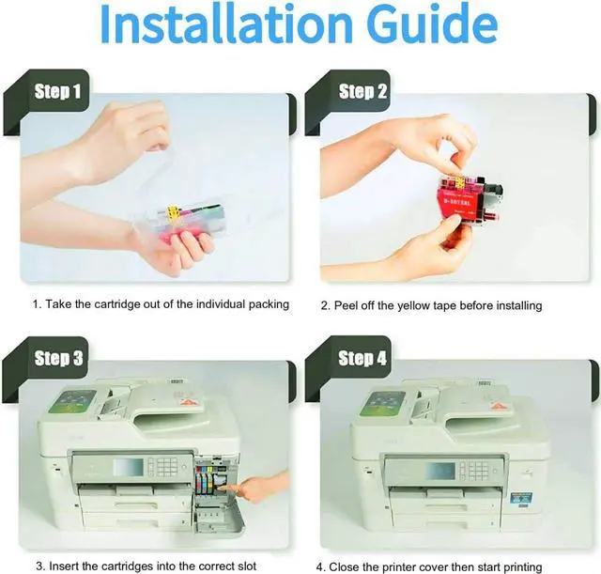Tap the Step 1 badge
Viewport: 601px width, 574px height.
57,91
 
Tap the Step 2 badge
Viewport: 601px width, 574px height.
362,91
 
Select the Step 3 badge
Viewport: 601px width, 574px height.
58,358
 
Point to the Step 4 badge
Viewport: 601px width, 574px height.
362,358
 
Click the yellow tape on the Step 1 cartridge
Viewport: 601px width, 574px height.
173,210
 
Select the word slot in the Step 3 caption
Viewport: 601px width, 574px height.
246,566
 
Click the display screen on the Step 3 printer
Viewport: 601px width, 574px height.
129,467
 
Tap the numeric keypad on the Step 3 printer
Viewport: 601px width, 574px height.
167,467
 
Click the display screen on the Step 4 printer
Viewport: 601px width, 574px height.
440,471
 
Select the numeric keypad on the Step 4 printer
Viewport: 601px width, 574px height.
478,470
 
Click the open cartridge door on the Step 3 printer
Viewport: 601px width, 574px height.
220,518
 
